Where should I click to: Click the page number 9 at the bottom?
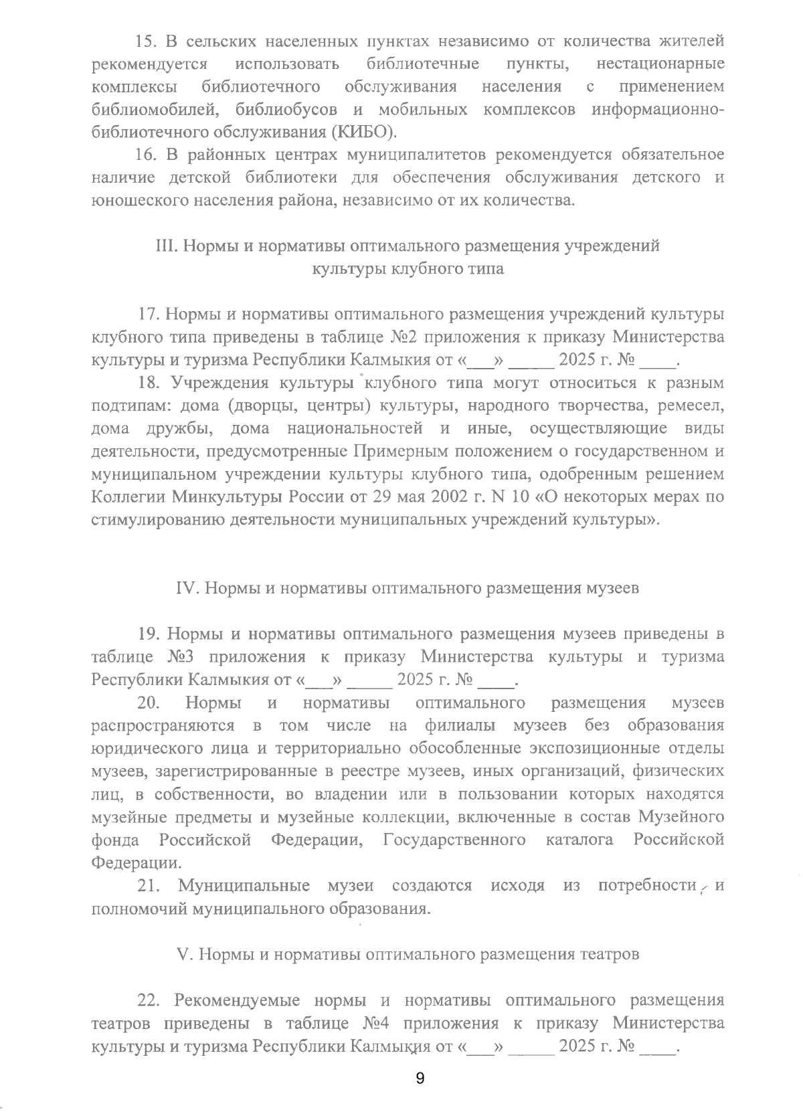coord(420,1078)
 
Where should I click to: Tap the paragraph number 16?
coord(147,155)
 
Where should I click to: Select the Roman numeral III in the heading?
coord(166,246)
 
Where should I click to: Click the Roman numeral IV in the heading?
coord(187,588)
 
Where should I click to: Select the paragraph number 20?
coord(148,703)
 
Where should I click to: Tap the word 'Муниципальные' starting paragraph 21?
coord(244,886)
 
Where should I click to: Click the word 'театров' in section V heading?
coord(610,954)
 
